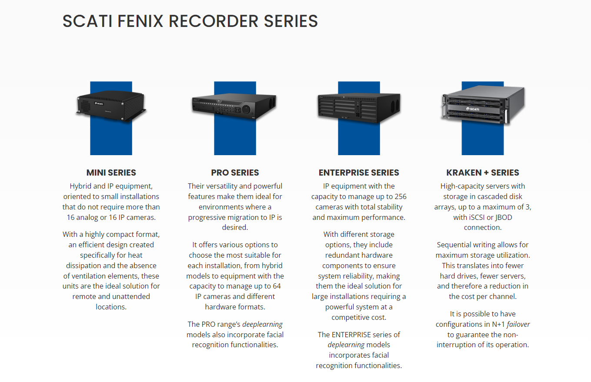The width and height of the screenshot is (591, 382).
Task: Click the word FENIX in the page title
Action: (x=140, y=21)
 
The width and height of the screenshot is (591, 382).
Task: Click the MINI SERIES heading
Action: (x=111, y=173)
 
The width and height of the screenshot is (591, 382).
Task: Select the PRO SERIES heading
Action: (x=235, y=173)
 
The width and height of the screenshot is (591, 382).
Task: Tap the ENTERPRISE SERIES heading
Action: (x=359, y=173)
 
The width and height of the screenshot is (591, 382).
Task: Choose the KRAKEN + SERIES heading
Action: (x=483, y=173)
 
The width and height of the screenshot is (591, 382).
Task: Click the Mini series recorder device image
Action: (x=111, y=106)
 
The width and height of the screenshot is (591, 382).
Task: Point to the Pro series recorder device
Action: (x=234, y=106)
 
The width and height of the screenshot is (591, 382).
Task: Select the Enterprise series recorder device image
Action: (x=359, y=108)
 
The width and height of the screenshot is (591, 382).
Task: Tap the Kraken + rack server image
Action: (x=483, y=105)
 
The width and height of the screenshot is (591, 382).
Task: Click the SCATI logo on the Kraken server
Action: (x=473, y=109)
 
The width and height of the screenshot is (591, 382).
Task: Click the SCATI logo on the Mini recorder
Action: (x=99, y=103)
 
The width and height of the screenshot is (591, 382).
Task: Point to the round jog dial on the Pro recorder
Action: (x=246, y=109)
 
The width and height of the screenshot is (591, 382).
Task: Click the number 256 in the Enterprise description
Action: (x=401, y=197)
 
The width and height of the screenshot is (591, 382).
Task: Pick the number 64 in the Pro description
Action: (x=277, y=286)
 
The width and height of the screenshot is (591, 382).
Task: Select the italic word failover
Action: (x=518, y=324)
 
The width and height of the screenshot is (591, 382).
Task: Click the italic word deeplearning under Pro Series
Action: (x=262, y=325)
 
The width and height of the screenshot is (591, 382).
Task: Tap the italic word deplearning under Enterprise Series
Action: (x=346, y=345)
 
